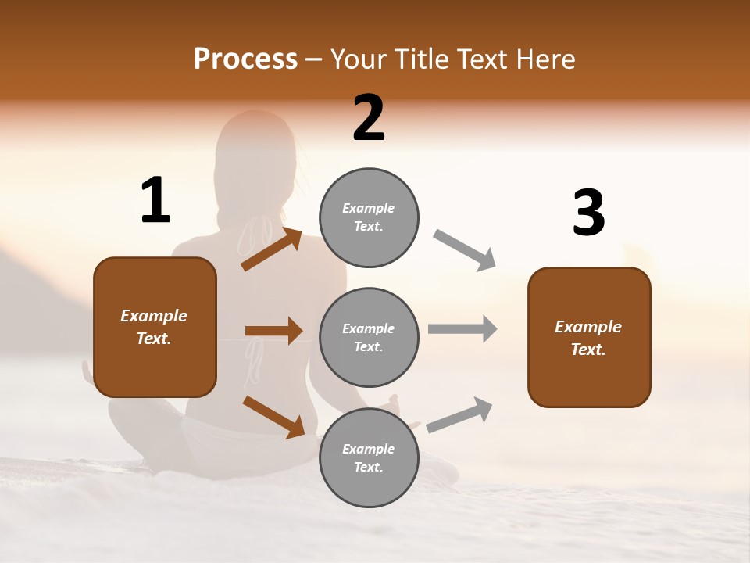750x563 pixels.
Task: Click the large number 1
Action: (155, 200)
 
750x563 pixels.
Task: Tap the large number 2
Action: (369, 118)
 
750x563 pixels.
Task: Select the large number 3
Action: (588, 213)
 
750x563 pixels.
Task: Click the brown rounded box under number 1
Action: (155, 327)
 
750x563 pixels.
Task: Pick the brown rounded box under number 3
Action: (589, 338)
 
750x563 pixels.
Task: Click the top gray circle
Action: (369, 217)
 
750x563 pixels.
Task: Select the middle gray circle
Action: (369, 337)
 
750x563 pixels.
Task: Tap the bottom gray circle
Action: (369, 457)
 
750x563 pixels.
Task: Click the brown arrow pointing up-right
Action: (271, 249)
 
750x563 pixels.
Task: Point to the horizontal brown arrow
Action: (273, 331)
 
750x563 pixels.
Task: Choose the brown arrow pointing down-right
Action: (273, 417)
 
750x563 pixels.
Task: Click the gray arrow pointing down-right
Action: (465, 250)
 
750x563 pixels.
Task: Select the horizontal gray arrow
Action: (462, 328)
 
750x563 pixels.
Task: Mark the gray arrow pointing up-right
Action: (459, 414)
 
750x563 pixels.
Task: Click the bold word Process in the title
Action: (245, 59)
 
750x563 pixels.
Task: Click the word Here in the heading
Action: (546, 59)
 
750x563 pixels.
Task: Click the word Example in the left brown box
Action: (154, 316)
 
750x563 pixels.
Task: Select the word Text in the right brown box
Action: (587, 350)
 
